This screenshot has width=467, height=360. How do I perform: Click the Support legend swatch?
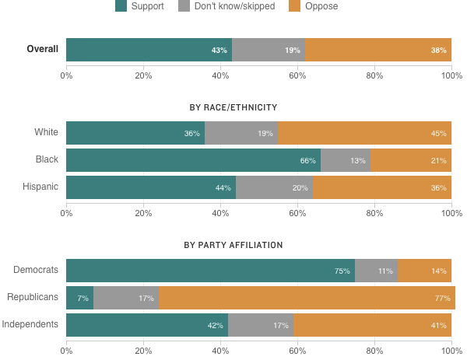(x=121, y=7)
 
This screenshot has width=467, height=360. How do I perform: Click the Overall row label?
(x=43, y=50)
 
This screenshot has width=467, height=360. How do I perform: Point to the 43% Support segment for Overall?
(x=149, y=50)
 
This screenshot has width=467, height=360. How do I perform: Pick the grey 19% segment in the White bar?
(x=241, y=133)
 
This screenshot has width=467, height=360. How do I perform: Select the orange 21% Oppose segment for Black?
(x=411, y=160)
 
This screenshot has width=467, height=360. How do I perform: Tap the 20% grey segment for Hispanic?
(x=274, y=187)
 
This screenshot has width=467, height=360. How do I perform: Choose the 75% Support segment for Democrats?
(x=210, y=271)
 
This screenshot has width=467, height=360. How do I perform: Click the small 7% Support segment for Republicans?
(x=79, y=298)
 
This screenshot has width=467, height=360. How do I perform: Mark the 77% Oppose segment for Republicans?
(x=307, y=298)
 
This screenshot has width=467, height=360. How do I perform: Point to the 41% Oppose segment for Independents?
(x=373, y=325)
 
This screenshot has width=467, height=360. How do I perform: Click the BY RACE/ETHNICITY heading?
(x=233, y=107)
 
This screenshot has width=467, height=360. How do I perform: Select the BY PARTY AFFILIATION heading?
(x=233, y=245)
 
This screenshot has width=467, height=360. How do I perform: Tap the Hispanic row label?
(x=40, y=187)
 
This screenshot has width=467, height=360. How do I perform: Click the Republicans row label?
(x=33, y=298)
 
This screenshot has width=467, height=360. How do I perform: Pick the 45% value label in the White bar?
(x=439, y=133)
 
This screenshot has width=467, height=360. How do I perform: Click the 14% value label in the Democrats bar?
(x=439, y=271)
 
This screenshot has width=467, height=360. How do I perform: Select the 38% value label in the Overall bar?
(x=439, y=50)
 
